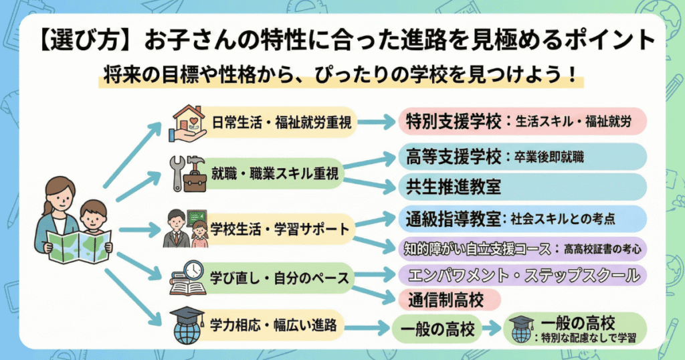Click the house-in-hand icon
pyautogui.click(x=189, y=121)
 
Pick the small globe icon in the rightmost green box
pyautogui.click(x=520, y=328)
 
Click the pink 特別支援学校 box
pyautogui.click(x=522, y=122)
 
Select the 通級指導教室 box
pyautogui.click(x=522, y=218)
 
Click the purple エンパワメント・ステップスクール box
pyautogui.click(x=522, y=274)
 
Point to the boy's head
pyautogui.click(x=93, y=215)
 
